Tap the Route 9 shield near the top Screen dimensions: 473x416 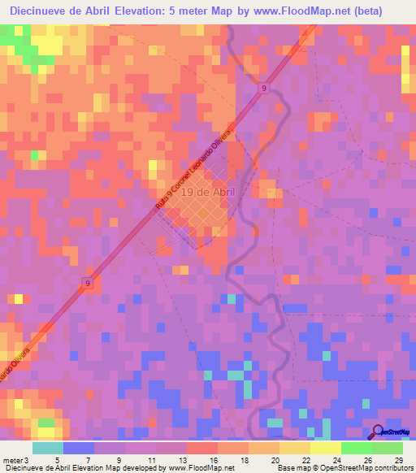tap(265, 89)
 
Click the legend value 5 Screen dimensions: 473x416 tap(57, 438)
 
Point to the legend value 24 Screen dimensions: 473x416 tap(336, 438)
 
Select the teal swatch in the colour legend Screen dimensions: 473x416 tap(48, 448)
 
